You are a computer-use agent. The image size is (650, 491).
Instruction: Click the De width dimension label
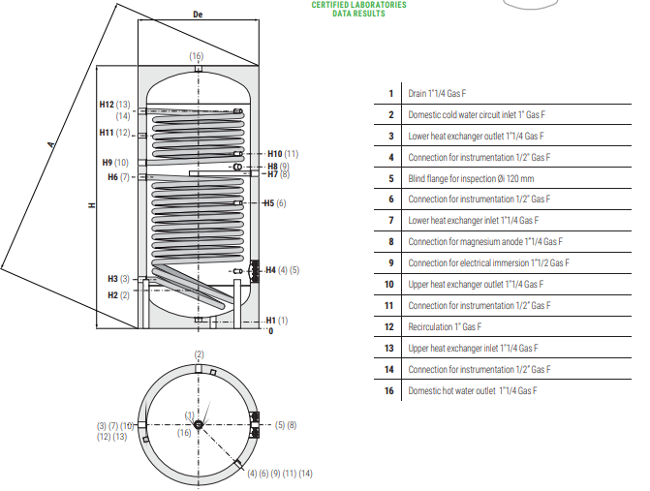(x=198, y=15)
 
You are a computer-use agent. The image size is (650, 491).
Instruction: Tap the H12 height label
(x=107, y=105)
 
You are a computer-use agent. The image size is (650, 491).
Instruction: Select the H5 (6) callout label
(x=275, y=203)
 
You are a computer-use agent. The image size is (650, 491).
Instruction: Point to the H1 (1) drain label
(x=276, y=321)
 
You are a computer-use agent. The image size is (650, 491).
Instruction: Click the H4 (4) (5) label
(x=282, y=270)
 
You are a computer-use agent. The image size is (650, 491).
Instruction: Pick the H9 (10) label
(x=115, y=163)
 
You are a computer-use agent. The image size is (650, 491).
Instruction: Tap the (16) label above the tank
(x=197, y=56)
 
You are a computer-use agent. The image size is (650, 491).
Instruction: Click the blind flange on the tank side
(x=256, y=271)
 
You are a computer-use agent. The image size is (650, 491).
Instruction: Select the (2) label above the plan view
(x=199, y=354)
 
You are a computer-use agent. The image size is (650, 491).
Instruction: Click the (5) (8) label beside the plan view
(x=286, y=425)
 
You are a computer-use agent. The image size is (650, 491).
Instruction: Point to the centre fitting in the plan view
(x=199, y=425)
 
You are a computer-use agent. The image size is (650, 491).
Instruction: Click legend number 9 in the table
(x=391, y=263)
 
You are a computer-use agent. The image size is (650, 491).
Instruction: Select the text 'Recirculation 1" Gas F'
(x=445, y=327)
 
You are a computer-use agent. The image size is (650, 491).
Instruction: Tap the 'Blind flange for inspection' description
(x=471, y=178)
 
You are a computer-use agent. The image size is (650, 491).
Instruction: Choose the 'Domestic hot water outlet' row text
(x=473, y=390)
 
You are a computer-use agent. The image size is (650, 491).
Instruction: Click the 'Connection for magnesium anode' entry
(x=485, y=241)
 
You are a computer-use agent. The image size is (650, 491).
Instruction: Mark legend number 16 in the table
(x=388, y=390)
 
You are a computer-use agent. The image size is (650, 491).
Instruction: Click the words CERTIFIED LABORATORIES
(x=359, y=5)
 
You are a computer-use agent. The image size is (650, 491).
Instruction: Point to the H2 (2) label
(x=118, y=295)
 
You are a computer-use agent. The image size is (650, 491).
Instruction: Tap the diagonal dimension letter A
(x=51, y=144)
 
